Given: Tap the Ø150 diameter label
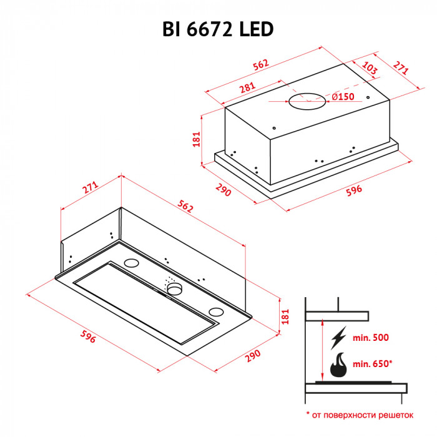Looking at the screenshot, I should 343,97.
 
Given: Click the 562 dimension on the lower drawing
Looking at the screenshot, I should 184,207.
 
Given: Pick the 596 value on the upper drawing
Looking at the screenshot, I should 353,190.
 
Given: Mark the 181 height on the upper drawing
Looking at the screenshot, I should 197,139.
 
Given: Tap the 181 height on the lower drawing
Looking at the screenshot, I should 285,316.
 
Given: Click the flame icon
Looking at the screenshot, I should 338,366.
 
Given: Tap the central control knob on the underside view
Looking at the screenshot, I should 174,288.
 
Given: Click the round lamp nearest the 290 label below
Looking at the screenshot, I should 215,312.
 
